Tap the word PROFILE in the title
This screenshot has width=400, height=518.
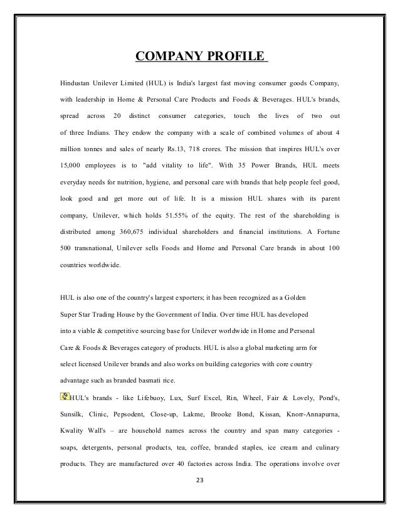(x=235, y=58)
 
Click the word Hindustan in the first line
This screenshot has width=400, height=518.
(x=75, y=83)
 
